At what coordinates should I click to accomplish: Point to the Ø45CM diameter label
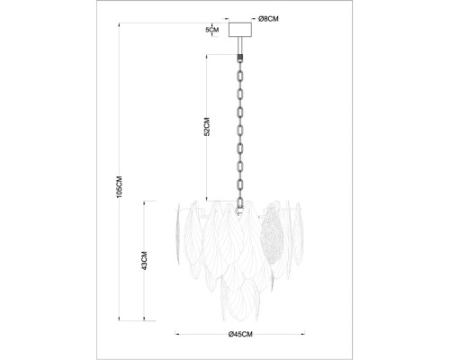click(239, 335)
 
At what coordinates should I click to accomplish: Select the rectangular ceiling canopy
click(240, 30)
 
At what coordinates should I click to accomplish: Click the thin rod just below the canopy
click(240, 44)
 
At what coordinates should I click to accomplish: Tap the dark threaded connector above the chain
click(240, 55)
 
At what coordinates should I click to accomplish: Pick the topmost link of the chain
click(240, 67)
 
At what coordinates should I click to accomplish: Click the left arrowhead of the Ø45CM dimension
click(178, 335)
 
